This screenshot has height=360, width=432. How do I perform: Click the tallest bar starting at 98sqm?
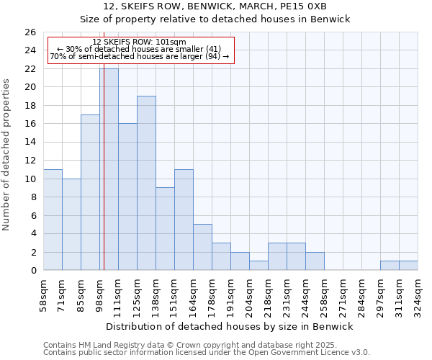(x=109, y=169)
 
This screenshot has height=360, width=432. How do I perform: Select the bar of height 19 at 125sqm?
(x=146, y=183)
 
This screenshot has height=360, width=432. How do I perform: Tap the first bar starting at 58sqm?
(x=53, y=220)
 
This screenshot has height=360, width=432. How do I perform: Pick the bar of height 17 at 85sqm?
(x=90, y=192)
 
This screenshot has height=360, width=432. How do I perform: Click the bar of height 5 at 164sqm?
(x=202, y=247)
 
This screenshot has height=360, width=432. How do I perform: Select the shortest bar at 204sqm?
(x=258, y=266)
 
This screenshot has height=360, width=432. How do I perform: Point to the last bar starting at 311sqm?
(x=408, y=266)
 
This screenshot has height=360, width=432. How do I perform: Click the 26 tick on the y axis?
(x=30, y=32)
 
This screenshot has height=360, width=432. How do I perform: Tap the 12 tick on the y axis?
(x=30, y=161)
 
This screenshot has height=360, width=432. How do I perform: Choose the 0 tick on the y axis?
(x=32, y=271)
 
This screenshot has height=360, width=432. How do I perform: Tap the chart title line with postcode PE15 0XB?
(x=215, y=6)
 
